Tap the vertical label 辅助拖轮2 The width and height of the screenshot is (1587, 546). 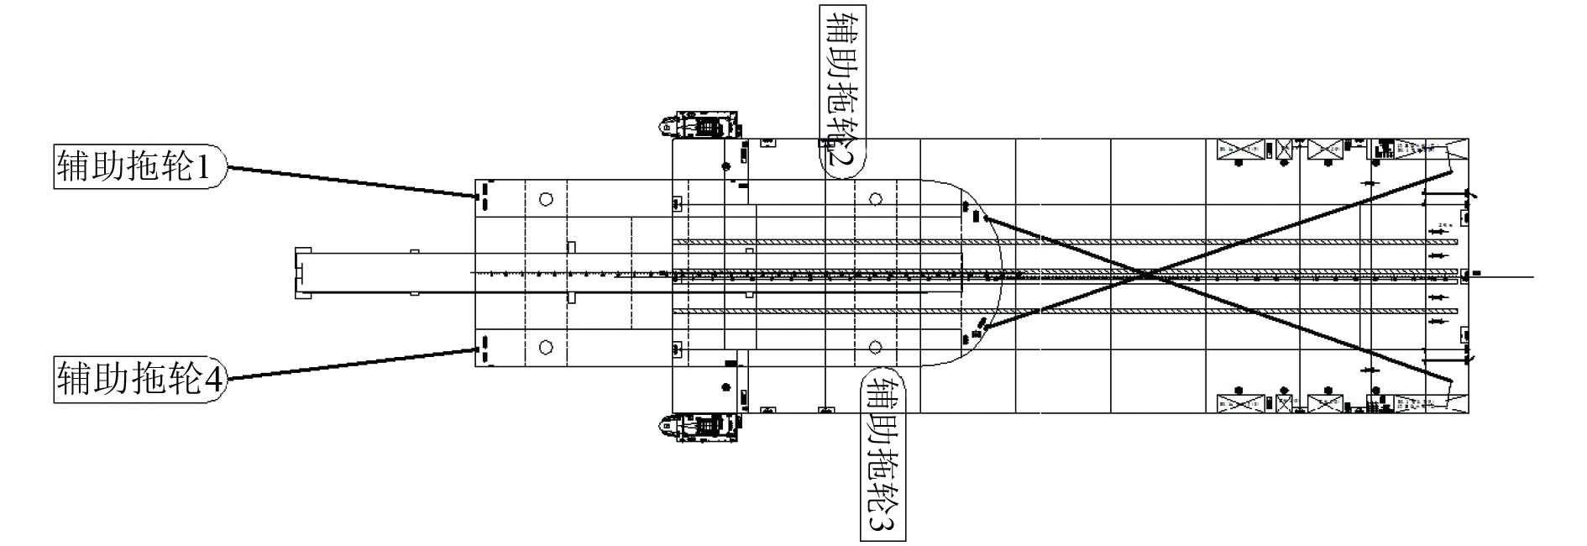click(x=842, y=88)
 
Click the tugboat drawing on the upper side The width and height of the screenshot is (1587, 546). click(x=699, y=126)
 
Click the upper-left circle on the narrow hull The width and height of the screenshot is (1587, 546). click(x=546, y=199)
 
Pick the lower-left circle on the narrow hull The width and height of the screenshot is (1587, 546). click(x=546, y=346)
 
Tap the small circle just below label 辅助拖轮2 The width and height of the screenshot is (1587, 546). click(x=876, y=199)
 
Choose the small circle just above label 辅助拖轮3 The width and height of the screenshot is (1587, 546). click(x=876, y=347)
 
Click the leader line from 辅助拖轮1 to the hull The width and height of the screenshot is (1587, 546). click(x=353, y=182)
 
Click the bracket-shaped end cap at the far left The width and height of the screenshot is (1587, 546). click(x=301, y=273)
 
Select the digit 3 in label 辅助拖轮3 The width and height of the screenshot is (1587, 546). click(x=883, y=524)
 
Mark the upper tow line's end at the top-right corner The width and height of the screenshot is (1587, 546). click(x=1450, y=174)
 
